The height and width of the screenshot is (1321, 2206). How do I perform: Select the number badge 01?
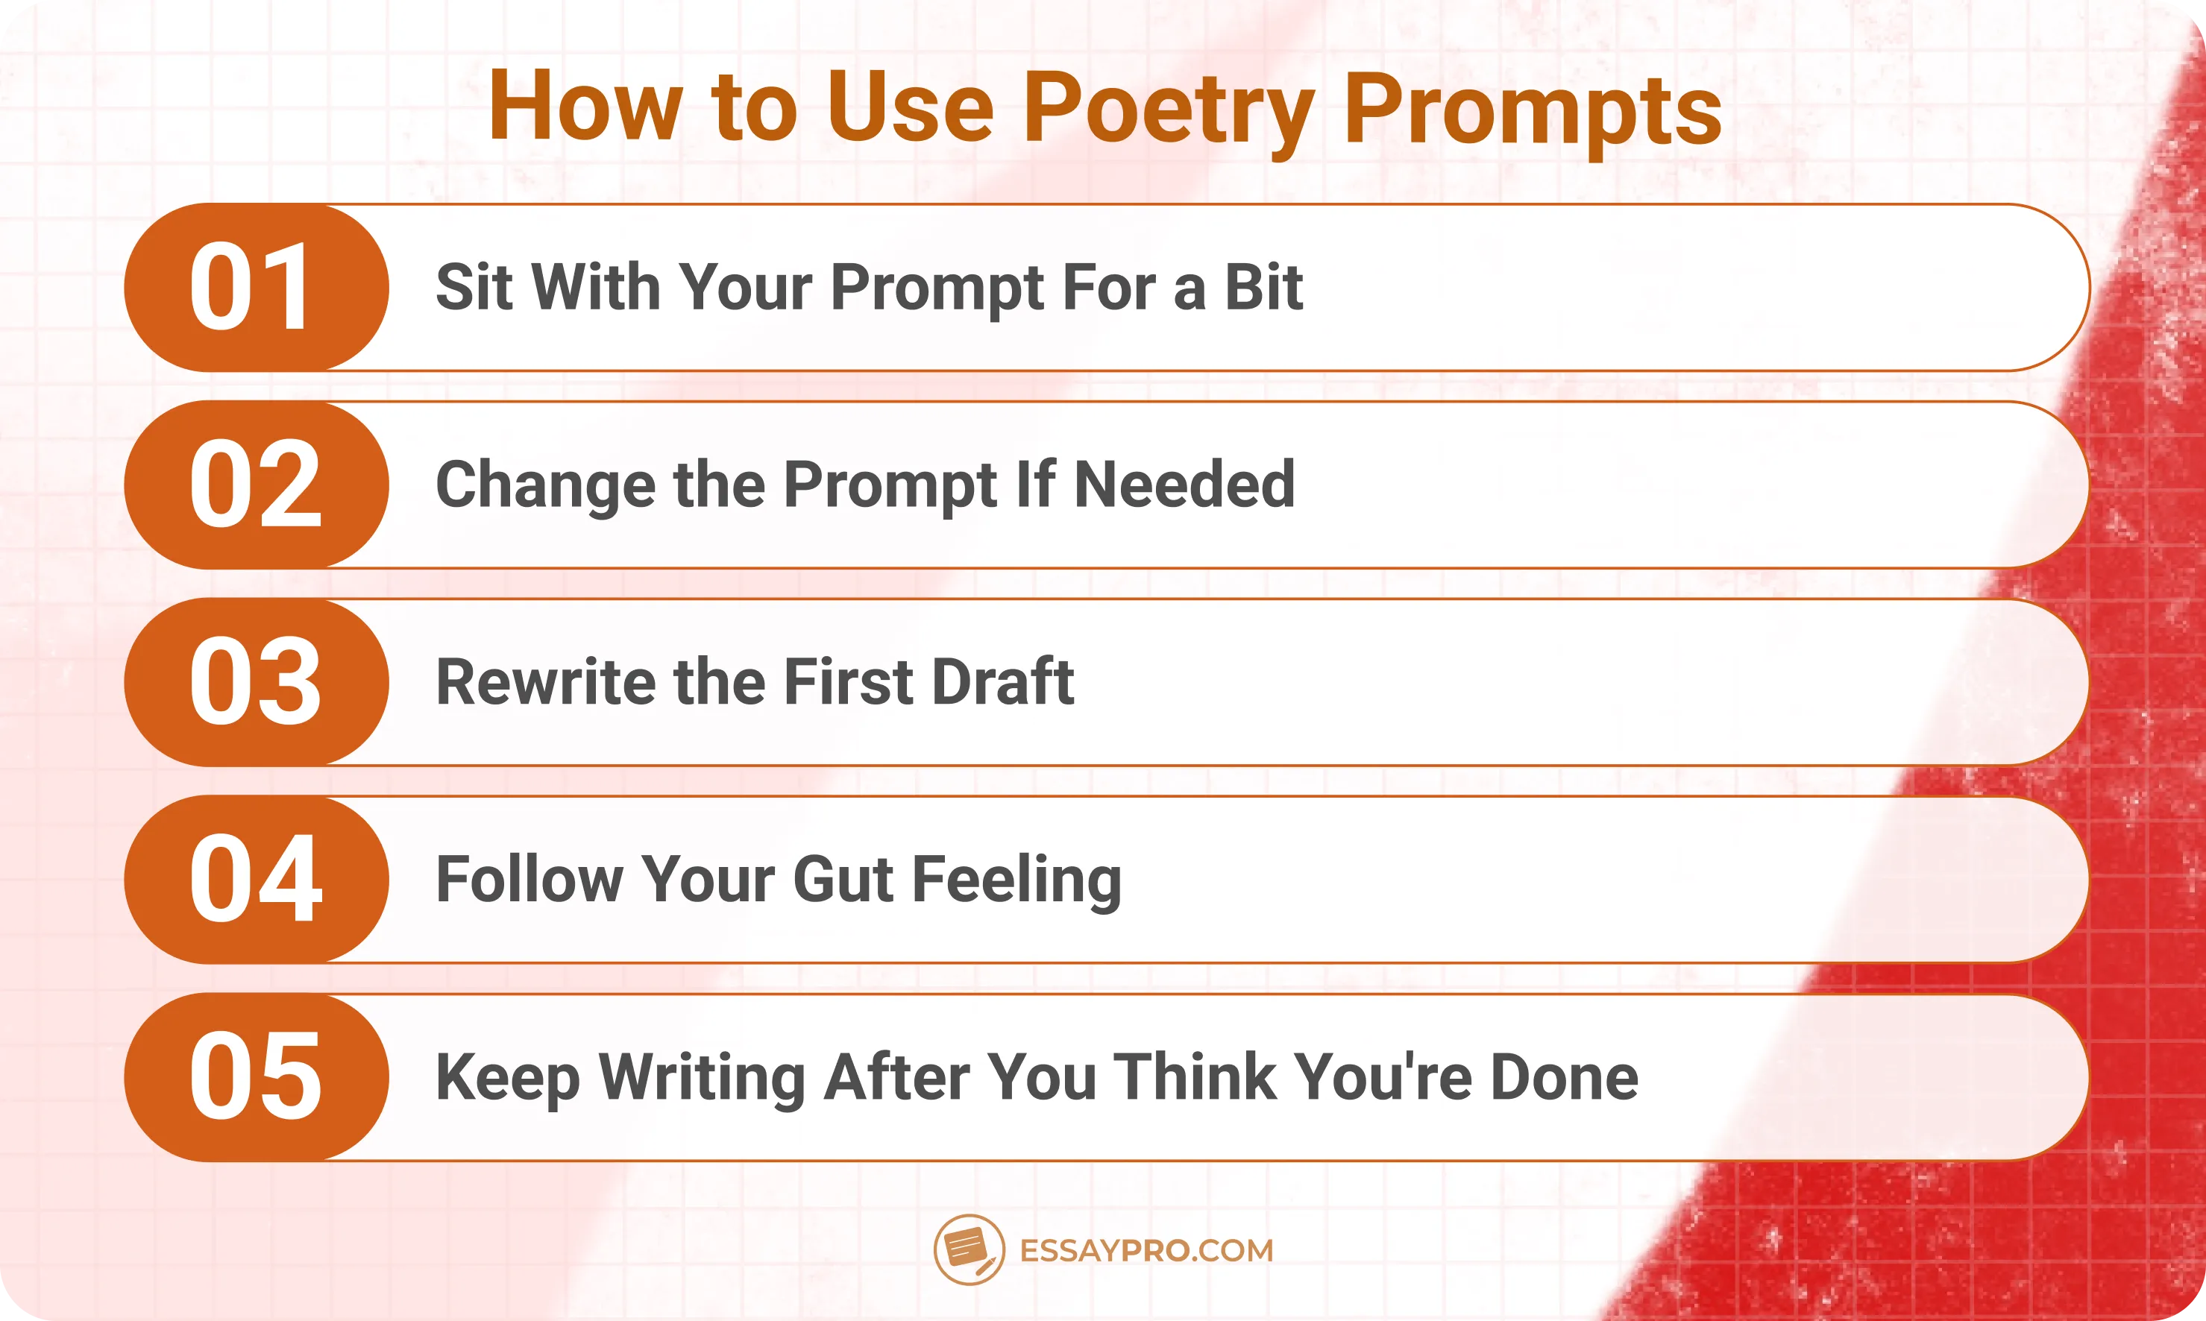[256, 288]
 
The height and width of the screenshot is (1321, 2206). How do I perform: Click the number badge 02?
[256, 485]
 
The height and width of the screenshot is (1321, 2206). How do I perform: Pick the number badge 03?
[256, 683]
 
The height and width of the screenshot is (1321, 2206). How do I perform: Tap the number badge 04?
[256, 880]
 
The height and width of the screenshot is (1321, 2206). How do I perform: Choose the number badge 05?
[256, 1077]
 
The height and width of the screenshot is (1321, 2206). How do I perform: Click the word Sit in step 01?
[474, 288]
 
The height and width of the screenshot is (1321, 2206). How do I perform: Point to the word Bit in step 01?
[1263, 288]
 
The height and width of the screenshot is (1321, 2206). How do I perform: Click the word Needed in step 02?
[1184, 485]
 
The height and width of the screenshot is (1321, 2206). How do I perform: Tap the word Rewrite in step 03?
[545, 683]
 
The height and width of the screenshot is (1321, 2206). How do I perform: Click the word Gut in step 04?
[842, 880]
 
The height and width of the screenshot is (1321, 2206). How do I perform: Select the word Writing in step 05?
[702, 1078]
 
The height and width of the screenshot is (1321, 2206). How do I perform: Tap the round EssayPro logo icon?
[969, 1249]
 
